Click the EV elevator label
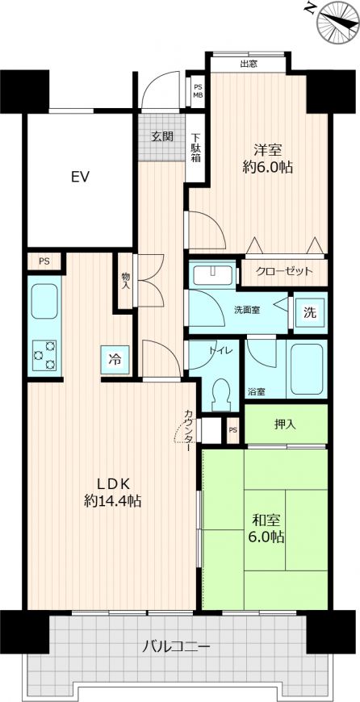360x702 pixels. pyautogui.click(x=80, y=177)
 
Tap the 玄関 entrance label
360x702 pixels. pyautogui.click(x=161, y=136)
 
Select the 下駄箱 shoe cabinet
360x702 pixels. pyautogui.click(x=195, y=148)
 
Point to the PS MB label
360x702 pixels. pyautogui.click(x=198, y=91)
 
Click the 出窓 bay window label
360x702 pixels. pyautogui.click(x=249, y=64)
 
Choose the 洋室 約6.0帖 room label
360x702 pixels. pyautogui.click(x=268, y=158)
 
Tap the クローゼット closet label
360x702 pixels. pyautogui.click(x=284, y=271)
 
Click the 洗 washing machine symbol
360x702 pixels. pyautogui.click(x=310, y=313)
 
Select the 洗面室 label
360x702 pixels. pyautogui.click(x=248, y=310)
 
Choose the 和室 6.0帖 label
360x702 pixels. pyautogui.click(x=267, y=529)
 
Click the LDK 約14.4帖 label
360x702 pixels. pyautogui.click(x=113, y=491)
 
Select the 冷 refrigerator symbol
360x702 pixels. pyautogui.click(x=115, y=360)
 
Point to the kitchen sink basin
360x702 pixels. pyautogui.click(x=44, y=302)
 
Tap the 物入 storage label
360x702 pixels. pyautogui.click(x=126, y=281)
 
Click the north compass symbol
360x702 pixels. pyautogui.click(x=338, y=22)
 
